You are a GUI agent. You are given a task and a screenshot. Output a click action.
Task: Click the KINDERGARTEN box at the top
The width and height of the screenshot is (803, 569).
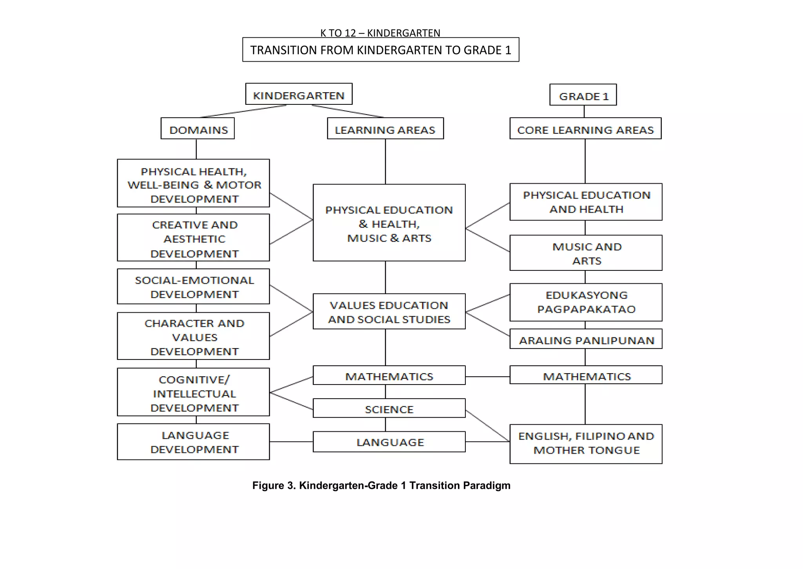[299, 94]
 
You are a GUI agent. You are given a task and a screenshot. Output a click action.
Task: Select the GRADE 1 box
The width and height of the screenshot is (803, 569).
[583, 95]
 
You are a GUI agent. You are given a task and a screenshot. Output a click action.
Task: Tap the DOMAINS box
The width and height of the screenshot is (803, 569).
[198, 129]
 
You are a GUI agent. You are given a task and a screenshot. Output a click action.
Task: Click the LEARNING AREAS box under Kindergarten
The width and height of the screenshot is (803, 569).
[385, 129]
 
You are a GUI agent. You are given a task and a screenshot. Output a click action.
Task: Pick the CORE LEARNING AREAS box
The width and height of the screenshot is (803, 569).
[585, 129]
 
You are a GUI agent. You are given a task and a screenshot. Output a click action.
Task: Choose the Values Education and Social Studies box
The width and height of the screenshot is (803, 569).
[389, 312]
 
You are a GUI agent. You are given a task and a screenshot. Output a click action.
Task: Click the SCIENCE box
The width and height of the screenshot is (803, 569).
[389, 409]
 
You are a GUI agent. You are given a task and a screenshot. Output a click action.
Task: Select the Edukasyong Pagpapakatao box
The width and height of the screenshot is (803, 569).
[586, 302]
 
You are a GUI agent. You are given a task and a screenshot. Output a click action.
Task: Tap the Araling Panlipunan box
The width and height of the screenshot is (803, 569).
[586, 339]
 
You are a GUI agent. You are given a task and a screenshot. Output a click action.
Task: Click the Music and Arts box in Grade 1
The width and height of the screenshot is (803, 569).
[586, 253]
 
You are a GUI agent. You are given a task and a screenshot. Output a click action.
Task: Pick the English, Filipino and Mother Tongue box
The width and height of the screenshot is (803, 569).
[586, 444]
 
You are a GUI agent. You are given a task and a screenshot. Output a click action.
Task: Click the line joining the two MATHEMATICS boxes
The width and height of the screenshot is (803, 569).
[487, 377]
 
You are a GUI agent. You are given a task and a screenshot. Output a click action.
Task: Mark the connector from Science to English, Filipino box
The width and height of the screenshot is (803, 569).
[487, 426]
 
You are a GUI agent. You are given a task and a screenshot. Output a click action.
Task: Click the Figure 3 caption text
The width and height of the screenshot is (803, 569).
[381, 485]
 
